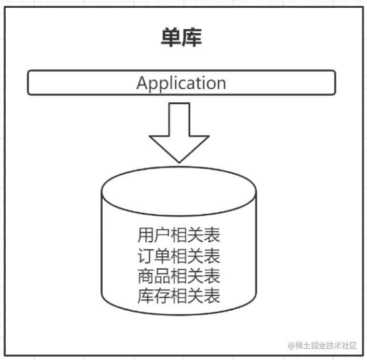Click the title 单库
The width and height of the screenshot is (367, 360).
point(180,38)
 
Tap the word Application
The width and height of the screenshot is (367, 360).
point(181,83)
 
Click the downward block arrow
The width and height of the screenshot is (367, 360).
point(179,132)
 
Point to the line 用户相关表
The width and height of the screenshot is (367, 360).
point(179,235)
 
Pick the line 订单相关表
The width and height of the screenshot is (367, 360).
point(179,256)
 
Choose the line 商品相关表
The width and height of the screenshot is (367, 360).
point(179,275)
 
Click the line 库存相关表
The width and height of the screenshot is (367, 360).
point(179,296)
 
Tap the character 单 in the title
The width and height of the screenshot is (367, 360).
point(170,38)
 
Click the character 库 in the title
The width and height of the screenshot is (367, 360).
point(191,38)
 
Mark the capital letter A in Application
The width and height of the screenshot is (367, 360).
point(142,83)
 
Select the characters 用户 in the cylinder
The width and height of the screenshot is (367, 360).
point(148,235)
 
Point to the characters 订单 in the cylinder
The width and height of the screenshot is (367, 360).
point(148,256)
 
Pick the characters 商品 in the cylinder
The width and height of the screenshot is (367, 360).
point(148,275)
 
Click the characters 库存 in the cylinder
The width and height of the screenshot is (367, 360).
point(148,296)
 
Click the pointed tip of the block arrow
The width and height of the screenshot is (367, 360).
point(179,160)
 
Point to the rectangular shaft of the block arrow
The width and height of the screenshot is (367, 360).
point(179,118)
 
